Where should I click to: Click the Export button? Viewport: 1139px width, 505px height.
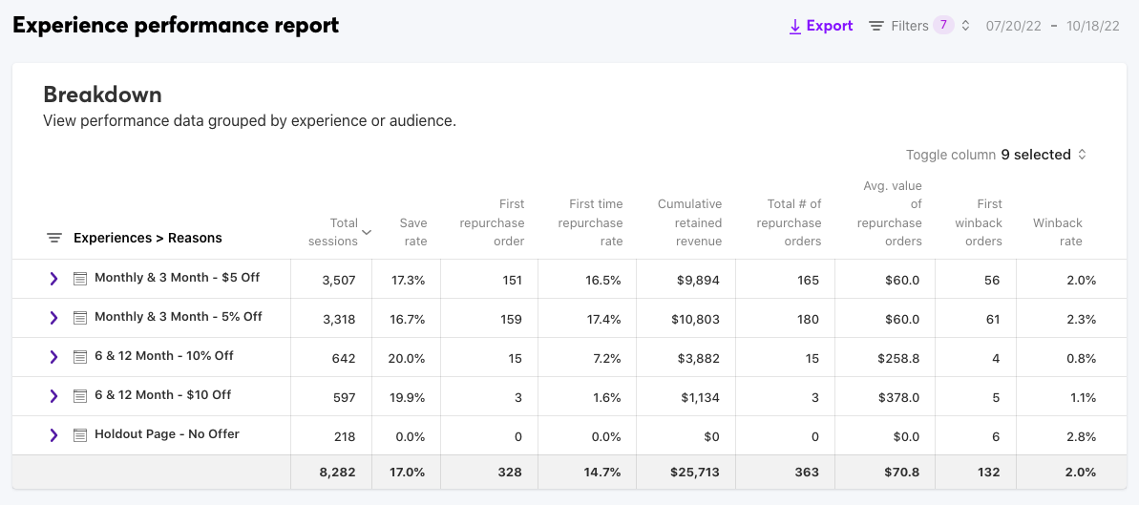pyautogui.click(x=820, y=26)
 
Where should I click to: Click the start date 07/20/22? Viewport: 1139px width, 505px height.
pyautogui.click(x=1013, y=26)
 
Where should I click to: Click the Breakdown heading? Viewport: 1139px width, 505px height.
pyautogui.click(x=102, y=95)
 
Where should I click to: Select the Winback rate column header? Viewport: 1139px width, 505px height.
pyautogui.click(x=1057, y=232)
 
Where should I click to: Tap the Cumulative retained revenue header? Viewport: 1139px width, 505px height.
pyautogui.click(x=689, y=222)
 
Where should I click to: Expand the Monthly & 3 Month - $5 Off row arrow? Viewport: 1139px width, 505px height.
pyautogui.click(x=53, y=279)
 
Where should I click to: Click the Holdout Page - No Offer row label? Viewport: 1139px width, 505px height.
pyautogui.click(x=166, y=434)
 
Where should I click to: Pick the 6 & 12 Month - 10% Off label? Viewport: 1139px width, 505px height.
pyautogui.click(x=163, y=356)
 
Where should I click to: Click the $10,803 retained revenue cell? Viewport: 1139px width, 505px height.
pyautogui.click(x=695, y=319)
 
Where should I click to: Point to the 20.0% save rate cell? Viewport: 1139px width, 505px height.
pyautogui.click(x=409, y=358)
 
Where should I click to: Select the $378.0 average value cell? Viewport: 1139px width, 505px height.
pyautogui.click(x=901, y=397)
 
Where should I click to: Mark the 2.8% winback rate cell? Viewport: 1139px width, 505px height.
pyautogui.click(x=1081, y=436)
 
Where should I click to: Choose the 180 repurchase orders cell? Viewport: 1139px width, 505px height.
pyautogui.click(x=809, y=319)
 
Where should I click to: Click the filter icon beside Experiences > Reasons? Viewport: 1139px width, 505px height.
pyautogui.click(x=54, y=238)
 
